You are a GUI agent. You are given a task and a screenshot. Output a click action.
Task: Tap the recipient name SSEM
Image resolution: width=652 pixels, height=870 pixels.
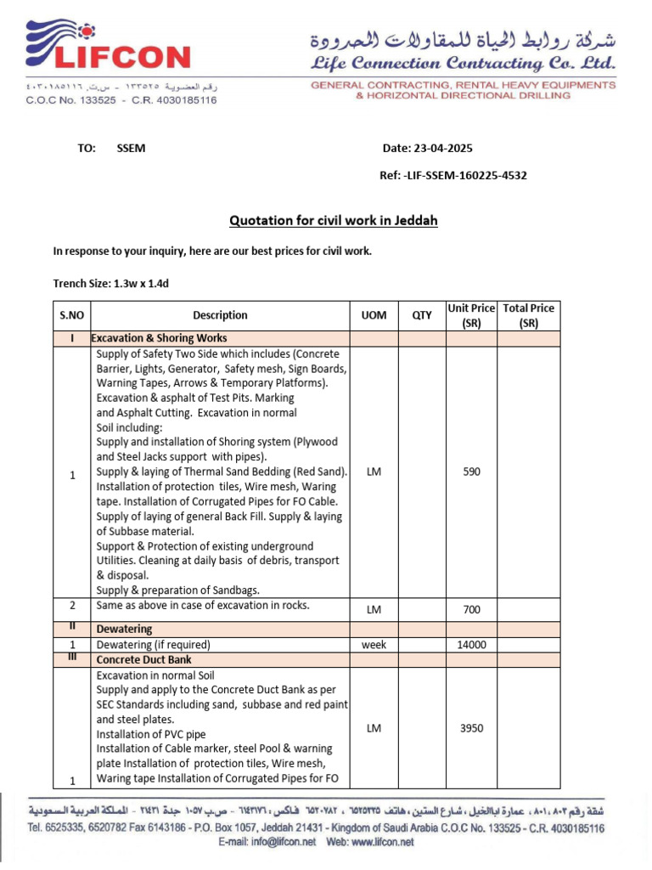pyautogui.click(x=131, y=149)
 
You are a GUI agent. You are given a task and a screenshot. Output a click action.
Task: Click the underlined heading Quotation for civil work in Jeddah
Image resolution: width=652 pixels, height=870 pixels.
pyautogui.click(x=334, y=221)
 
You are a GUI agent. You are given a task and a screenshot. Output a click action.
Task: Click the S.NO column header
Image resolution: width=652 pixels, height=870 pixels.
pyautogui.click(x=71, y=315)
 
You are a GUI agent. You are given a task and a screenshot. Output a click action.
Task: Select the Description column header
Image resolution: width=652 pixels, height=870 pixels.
pyautogui.click(x=220, y=315)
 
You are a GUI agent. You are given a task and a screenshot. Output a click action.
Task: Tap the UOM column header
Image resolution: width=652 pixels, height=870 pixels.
pyautogui.click(x=374, y=315)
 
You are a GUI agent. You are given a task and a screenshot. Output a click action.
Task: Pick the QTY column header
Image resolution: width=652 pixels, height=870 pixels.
pyautogui.click(x=422, y=315)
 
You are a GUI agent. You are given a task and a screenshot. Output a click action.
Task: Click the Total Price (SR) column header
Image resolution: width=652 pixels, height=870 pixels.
pyautogui.click(x=528, y=315)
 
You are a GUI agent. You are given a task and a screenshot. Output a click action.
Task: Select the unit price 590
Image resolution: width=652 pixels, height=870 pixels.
pyautogui.click(x=471, y=472)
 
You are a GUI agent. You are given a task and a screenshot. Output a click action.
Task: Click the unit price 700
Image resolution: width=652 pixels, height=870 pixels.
pyautogui.click(x=471, y=609)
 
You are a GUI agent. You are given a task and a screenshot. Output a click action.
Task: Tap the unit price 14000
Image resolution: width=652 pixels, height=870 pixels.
pyautogui.click(x=471, y=645)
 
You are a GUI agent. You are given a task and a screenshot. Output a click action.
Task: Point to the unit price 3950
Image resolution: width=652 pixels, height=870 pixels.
pyautogui.click(x=471, y=728)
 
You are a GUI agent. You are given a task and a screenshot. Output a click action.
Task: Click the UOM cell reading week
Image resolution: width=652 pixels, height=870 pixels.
pyautogui.click(x=374, y=645)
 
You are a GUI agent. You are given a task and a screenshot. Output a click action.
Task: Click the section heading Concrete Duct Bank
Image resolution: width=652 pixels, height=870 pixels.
pyautogui.click(x=143, y=659)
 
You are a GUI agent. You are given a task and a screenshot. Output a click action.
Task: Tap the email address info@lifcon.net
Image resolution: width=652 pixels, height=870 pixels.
pyautogui.click(x=279, y=842)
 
